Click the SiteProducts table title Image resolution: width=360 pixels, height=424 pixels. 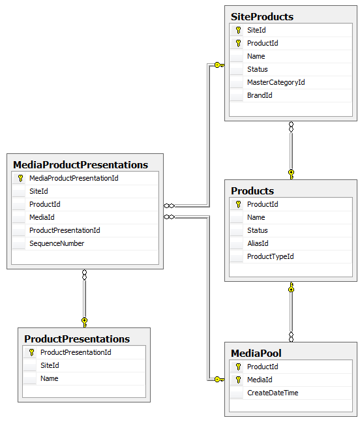[x=262, y=16]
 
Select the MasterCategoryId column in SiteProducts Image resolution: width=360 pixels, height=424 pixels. [x=276, y=82]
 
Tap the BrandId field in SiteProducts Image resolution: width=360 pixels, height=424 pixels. [x=260, y=95]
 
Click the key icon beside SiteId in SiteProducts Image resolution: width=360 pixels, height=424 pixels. [x=238, y=30]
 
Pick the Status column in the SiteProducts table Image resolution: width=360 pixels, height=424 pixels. [x=257, y=69]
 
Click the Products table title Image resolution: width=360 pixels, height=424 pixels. [x=252, y=190]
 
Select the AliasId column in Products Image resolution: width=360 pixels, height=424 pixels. [x=258, y=243]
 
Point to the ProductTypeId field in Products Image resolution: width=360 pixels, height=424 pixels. [x=270, y=256]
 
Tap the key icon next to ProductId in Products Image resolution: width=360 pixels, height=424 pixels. [x=238, y=204]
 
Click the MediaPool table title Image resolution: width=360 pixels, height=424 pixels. [x=256, y=353]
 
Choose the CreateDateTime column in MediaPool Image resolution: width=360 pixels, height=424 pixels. [x=273, y=393]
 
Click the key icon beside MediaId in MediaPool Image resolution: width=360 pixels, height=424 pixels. [x=238, y=380]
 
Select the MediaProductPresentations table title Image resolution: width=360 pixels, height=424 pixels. [x=80, y=164]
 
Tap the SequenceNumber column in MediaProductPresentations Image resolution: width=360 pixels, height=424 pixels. [x=57, y=243]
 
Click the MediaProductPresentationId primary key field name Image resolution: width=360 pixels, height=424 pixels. [x=74, y=178]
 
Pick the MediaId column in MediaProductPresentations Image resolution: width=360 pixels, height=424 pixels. [x=42, y=217]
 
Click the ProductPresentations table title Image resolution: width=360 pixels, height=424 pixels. [x=77, y=339]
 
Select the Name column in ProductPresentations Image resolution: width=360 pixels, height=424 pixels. [x=50, y=378]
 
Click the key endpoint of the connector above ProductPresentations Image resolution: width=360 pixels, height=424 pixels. [x=84, y=320]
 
